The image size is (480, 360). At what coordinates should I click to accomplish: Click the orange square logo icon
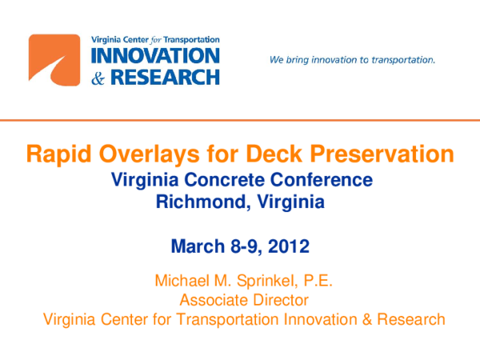pyautogui.click(x=54, y=61)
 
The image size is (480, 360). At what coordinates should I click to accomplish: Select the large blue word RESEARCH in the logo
pyautogui.click(x=166, y=77)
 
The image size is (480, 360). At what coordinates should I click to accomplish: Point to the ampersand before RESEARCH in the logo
pyautogui.click(x=101, y=77)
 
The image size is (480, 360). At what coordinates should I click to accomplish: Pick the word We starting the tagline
pyautogui.click(x=277, y=60)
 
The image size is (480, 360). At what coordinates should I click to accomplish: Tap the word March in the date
pyautogui.click(x=199, y=245)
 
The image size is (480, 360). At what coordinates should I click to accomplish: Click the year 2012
pyautogui.click(x=289, y=245)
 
